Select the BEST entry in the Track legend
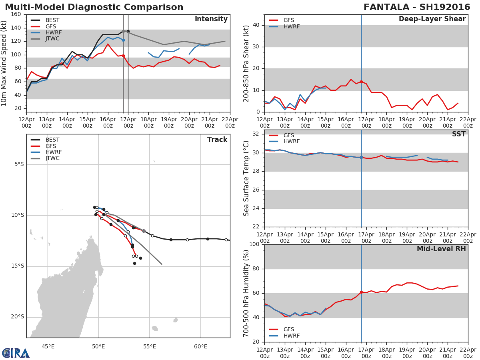click(52, 140)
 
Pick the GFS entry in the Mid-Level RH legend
click(288, 330)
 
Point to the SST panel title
click(459, 134)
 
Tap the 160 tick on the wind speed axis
click(16, 14)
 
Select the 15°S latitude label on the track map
click(17, 266)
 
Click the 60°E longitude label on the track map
click(201, 346)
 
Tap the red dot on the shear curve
click(361, 82)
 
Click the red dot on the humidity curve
click(361, 292)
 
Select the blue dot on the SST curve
click(361, 158)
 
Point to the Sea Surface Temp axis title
click(246, 178)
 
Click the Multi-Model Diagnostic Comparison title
click(94, 7)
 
